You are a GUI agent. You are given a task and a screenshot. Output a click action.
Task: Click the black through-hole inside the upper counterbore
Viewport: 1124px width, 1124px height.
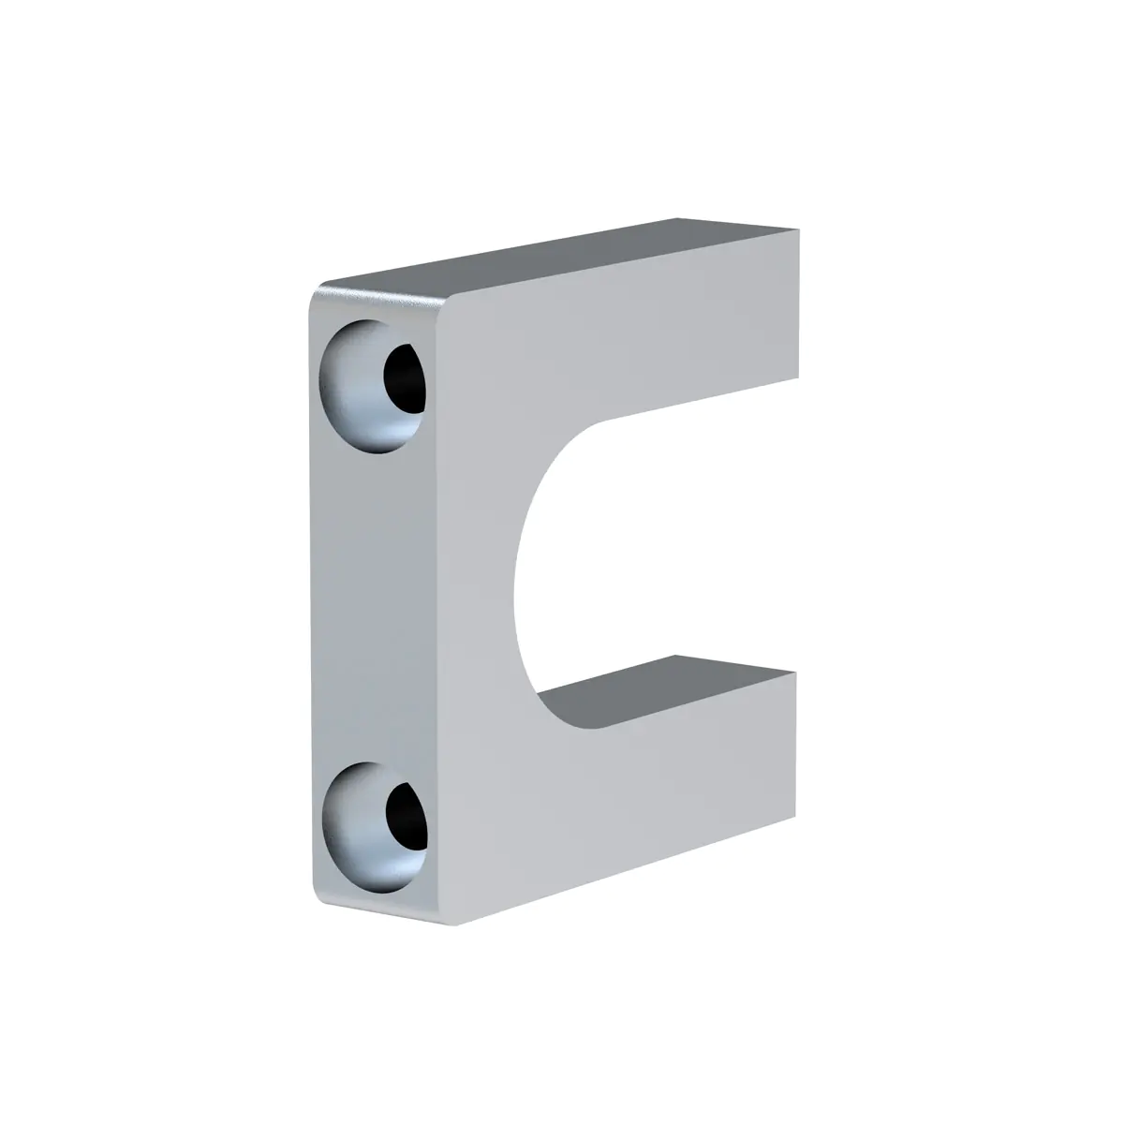(x=405, y=377)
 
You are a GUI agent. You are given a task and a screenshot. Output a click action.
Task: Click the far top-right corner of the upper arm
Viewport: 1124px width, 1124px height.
(x=799, y=229)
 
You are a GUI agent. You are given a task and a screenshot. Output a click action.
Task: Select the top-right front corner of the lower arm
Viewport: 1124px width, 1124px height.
(x=795, y=673)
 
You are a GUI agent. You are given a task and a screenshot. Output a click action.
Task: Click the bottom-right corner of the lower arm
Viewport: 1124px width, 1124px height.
(x=794, y=814)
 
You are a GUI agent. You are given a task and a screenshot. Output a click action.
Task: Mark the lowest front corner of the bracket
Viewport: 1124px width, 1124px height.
(x=455, y=924)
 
